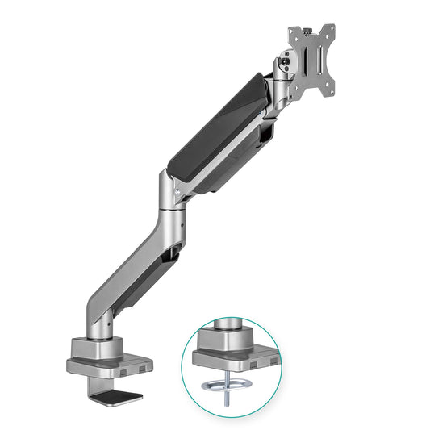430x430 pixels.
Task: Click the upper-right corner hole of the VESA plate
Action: [330, 30]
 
